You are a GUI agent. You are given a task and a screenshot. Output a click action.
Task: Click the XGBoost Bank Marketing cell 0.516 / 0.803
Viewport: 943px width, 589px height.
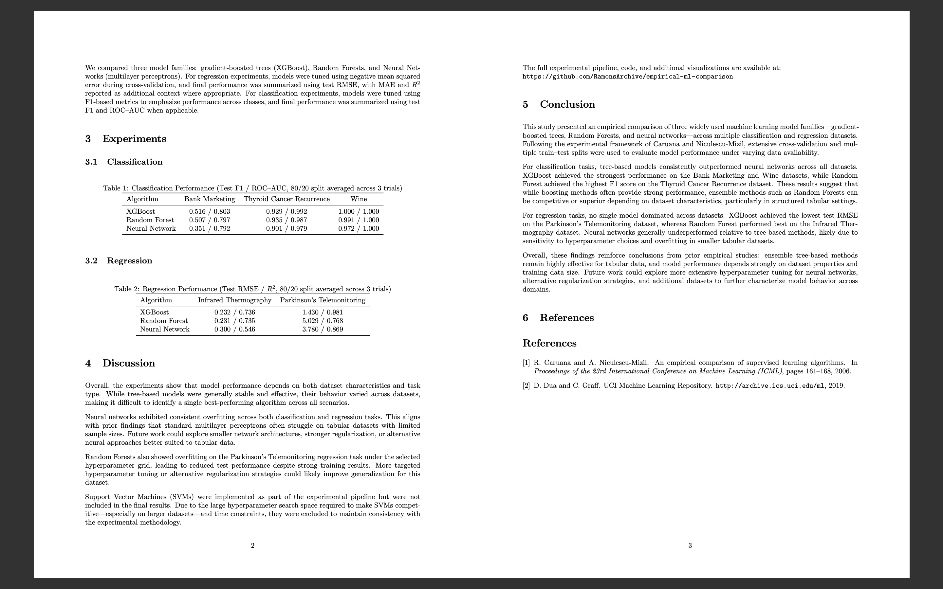[209, 211]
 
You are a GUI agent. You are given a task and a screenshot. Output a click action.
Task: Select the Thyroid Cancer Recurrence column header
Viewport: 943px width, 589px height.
[287, 199]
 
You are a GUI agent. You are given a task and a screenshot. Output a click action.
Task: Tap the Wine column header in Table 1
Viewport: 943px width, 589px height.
[359, 199]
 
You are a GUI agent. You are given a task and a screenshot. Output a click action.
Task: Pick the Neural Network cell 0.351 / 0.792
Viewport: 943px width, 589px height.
[209, 229]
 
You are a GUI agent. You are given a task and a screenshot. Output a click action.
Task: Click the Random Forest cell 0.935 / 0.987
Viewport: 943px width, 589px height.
[287, 220]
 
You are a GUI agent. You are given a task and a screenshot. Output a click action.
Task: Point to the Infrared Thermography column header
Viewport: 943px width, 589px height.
[234, 300]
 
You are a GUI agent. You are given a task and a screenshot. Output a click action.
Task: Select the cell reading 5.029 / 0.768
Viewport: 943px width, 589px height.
[322, 321]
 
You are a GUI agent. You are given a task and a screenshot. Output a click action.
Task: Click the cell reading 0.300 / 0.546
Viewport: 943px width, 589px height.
[234, 329]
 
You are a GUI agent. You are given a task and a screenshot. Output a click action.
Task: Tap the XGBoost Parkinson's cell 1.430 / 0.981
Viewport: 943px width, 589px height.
[322, 312]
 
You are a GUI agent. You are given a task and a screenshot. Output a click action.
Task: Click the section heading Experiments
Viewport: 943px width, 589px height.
[134, 139]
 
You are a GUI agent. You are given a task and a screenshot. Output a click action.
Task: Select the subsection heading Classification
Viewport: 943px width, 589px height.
[135, 162]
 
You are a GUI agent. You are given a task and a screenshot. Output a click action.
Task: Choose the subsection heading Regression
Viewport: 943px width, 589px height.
[129, 260]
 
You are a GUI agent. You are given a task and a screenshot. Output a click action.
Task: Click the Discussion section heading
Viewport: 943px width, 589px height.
[128, 363]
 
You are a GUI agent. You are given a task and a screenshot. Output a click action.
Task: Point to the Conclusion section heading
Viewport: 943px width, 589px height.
[567, 104]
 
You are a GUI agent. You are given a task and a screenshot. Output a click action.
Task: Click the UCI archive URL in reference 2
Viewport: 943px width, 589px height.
[770, 386]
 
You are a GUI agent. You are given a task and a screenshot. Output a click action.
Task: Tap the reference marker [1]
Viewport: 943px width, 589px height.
[526, 363]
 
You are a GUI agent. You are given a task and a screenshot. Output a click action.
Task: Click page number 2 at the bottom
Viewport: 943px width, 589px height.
[252, 545]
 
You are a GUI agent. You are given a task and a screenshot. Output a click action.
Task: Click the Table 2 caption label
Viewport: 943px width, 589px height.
[126, 289]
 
